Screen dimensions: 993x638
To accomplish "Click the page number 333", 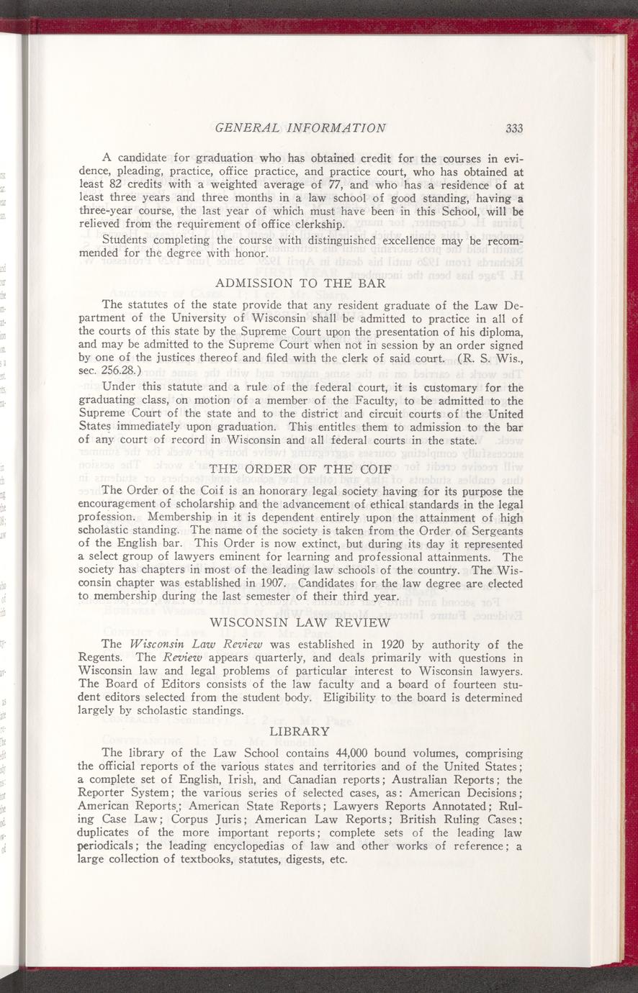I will (x=513, y=129).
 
